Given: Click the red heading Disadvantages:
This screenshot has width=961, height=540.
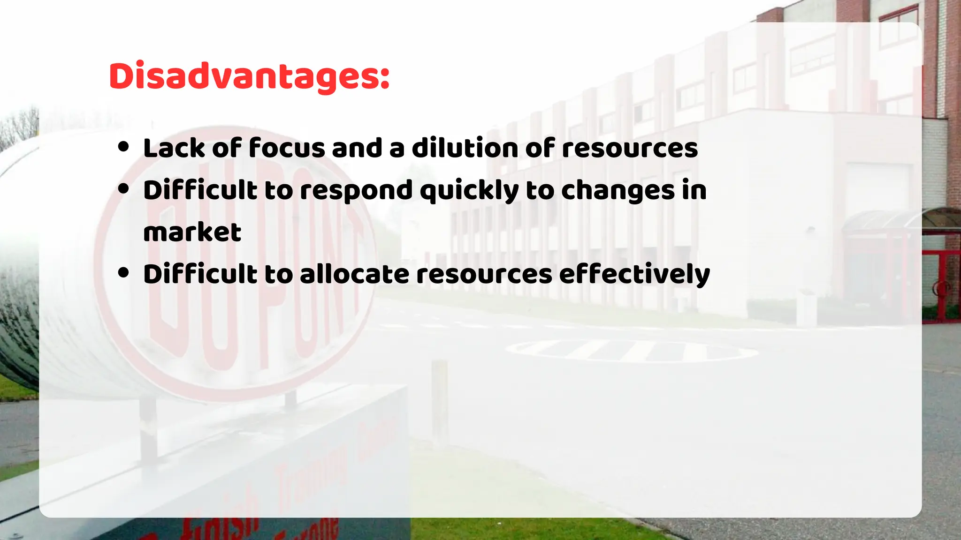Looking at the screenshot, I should click(x=249, y=76).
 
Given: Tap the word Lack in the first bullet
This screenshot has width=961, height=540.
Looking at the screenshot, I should click(x=174, y=148).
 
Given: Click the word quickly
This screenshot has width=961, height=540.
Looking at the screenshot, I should click(x=469, y=191).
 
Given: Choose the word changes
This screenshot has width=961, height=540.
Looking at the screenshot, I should click(x=618, y=191).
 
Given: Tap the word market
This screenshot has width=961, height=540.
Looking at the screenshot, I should click(x=192, y=232).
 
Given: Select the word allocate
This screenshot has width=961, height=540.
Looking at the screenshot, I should click(x=354, y=274).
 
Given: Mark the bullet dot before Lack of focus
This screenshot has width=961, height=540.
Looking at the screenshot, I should click(x=123, y=147).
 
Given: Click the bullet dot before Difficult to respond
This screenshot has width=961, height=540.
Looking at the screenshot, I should click(x=123, y=189).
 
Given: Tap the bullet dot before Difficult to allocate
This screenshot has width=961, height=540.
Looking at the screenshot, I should click(x=123, y=273).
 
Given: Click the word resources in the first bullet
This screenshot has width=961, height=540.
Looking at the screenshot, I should click(x=630, y=148).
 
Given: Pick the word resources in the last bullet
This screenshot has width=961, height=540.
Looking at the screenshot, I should click(x=484, y=274).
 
